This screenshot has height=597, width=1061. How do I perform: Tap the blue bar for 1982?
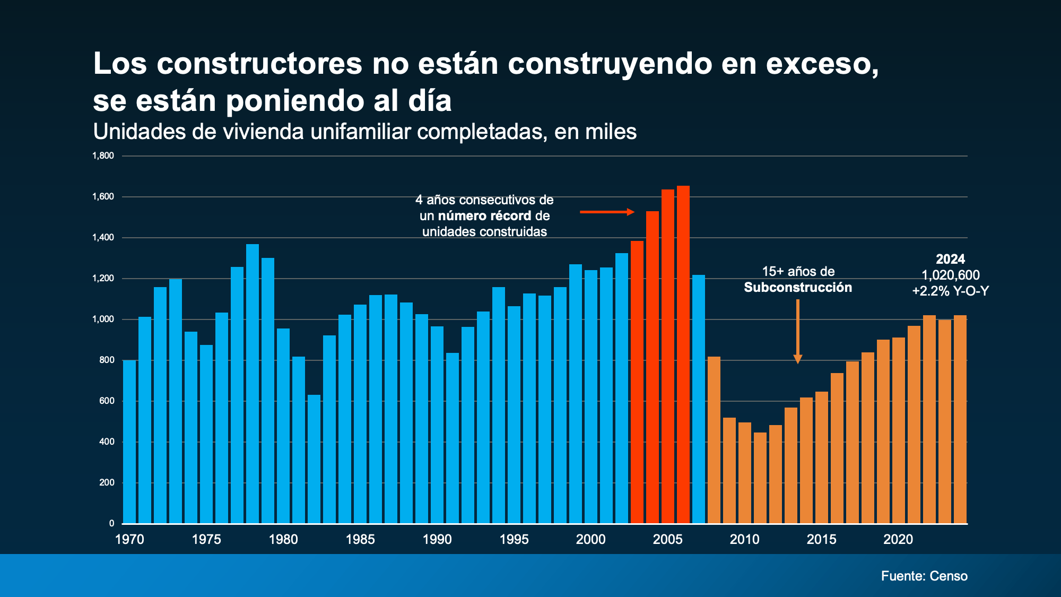tap(314, 459)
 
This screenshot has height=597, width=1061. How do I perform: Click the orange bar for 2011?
tap(760, 478)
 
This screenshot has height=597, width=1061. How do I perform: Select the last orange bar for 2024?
tap(960, 419)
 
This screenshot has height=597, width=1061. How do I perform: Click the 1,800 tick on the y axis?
tap(103, 156)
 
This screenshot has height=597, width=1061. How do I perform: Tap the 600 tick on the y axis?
tap(107, 401)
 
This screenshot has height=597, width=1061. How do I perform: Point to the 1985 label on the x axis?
tap(360, 540)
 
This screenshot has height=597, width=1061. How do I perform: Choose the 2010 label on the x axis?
tap(744, 540)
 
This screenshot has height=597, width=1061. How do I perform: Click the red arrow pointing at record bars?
tap(607, 212)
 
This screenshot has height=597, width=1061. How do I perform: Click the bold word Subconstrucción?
tap(798, 288)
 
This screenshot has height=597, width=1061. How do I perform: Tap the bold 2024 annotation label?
tap(950, 259)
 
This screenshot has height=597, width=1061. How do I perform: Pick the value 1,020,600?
tap(950, 275)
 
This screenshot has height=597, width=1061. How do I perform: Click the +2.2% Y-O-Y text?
tap(950, 291)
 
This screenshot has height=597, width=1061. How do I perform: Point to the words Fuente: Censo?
tap(924, 576)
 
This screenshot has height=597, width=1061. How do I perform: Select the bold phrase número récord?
tap(484, 216)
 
